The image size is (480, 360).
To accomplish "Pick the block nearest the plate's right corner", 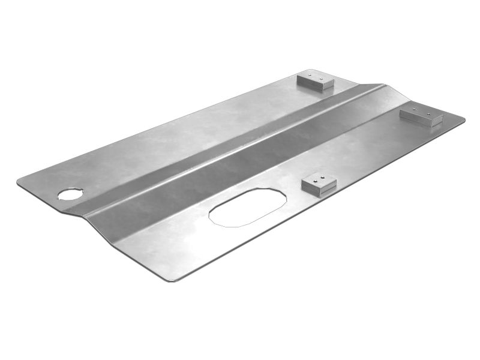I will (421, 115).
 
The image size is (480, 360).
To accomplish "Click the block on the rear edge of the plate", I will (316, 80).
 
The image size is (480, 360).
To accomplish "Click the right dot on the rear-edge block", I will (322, 78).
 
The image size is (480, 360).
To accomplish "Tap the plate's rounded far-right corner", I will (462, 119).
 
